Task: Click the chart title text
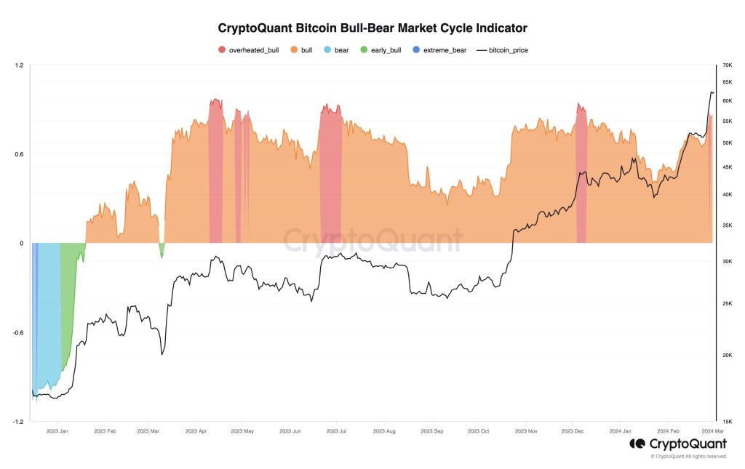pyautogui.click(x=372, y=28)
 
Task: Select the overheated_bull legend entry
pyautogui.click(x=248, y=49)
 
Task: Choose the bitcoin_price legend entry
pyautogui.click(x=506, y=49)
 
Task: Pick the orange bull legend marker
pyautogui.click(x=294, y=49)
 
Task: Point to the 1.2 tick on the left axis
pyautogui.click(x=19, y=65)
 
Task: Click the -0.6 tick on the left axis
pyautogui.click(x=17, y=333)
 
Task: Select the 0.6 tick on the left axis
pyautogui.click(x=19, y=154)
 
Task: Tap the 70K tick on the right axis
pyautogui.click(x=726, y=65)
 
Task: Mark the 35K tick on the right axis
pyautogui.click(x=726, y=226)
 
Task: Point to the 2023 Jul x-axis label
pyautogui.click(x=337, y=431)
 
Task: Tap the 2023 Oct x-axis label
pyautogui.click(x=479, y=431)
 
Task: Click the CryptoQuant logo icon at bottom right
pyautogui.click(x=637, y=444)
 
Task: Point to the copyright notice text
pyautogui.click(x=688, y=457)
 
